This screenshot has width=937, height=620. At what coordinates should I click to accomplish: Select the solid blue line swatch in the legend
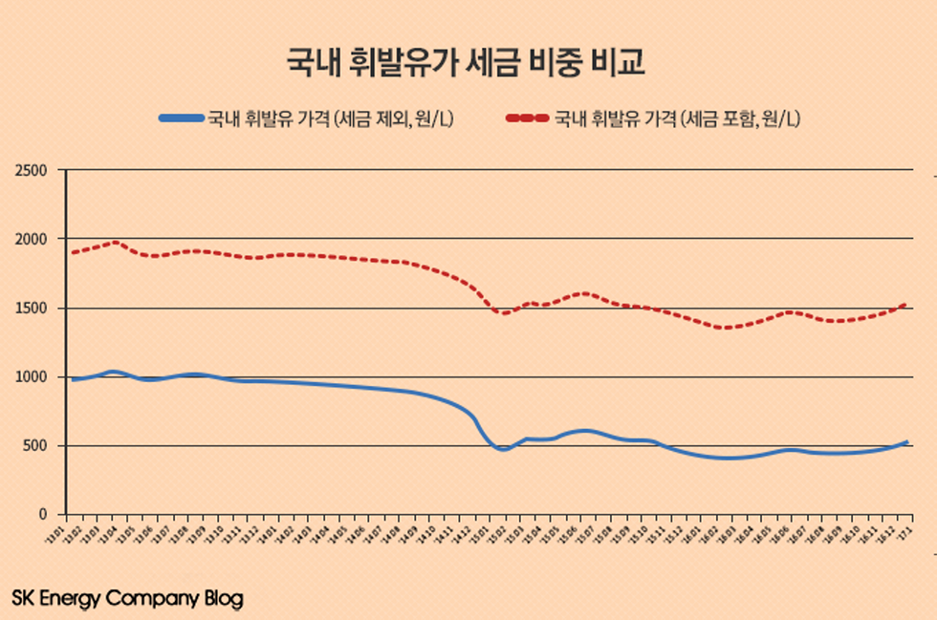pos(182,119)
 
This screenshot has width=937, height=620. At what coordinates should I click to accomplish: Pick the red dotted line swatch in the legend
pos(527,119)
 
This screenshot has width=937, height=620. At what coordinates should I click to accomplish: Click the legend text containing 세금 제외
pos(331,119)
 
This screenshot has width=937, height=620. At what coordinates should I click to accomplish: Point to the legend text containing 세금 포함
pos(677,119)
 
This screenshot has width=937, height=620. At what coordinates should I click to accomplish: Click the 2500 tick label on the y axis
pos(31,170)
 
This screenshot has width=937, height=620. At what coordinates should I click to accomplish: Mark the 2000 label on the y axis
pos(31,239)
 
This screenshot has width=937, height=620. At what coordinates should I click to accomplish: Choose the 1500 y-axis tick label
pos(31,309)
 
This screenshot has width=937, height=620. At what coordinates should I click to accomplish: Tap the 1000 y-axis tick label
pos(31,377)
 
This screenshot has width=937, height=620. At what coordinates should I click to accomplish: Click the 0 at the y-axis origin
pos(43,515)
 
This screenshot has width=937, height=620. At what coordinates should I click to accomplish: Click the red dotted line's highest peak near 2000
pos(114,242)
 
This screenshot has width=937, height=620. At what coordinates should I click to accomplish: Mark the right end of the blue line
pos(905,442)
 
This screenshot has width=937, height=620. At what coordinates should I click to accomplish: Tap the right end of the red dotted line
pos(905,305)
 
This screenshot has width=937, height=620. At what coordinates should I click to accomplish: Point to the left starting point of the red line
pos(73,252)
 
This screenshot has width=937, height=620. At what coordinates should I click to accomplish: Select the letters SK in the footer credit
pos(24,599)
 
